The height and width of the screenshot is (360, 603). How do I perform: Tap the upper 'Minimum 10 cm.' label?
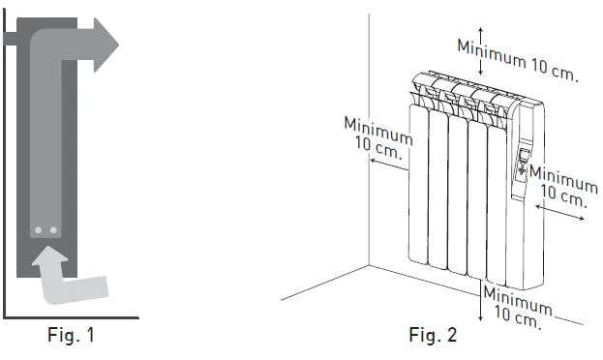(518, 59)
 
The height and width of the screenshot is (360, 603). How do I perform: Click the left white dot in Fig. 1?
(38, 231)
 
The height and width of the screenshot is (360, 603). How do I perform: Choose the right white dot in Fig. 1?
(53, 231)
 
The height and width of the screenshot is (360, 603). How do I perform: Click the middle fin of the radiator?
(458, 194)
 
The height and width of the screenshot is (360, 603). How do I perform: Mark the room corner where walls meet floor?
(369, 263)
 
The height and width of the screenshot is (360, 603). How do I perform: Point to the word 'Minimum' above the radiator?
(494, 49)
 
